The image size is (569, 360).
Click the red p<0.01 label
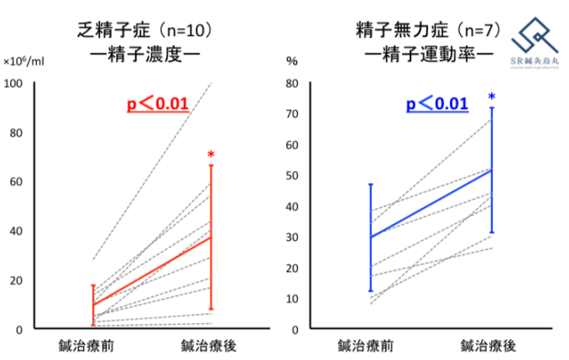point(157,105)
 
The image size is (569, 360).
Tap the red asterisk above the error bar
point(211,155)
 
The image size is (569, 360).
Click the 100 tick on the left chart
point(15,83)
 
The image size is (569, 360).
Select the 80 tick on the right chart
point(295,83)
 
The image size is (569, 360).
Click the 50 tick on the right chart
point(295,175)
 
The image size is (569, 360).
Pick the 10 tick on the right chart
point(295,299)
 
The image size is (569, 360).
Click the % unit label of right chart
point(292,61)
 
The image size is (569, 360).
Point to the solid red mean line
point(151,270)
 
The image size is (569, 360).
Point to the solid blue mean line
point(431,203)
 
